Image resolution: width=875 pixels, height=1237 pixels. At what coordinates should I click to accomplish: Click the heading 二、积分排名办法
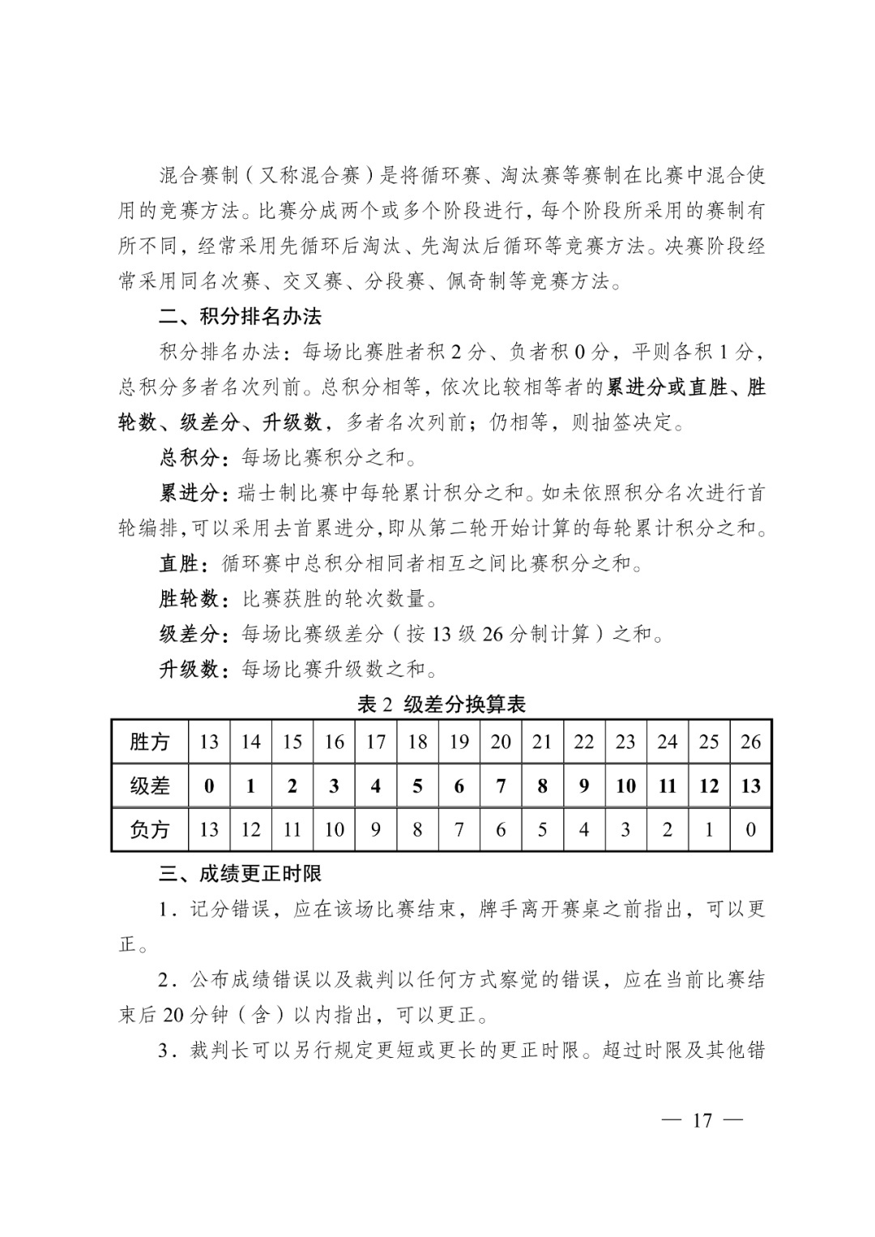coord(241,316)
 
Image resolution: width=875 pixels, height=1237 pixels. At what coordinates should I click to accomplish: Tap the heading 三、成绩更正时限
coord(241,873)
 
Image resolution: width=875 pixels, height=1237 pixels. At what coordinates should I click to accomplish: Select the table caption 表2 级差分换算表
coord(442,704)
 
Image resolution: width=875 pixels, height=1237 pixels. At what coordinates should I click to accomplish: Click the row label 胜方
coord(150,742)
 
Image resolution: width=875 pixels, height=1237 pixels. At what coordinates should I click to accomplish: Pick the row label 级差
coord(150,785)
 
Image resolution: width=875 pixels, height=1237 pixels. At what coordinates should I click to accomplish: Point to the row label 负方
coord(150,829)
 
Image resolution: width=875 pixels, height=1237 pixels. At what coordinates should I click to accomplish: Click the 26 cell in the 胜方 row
coord(750,742)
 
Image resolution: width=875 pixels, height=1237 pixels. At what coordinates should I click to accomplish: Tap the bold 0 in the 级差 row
coord(209,785)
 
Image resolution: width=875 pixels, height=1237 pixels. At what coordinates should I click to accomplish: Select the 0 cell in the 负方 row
coord(750,829)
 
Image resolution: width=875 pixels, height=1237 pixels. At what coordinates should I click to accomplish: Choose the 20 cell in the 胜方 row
coord(501,742)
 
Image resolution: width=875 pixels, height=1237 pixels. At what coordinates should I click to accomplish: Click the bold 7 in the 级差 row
coord(501,785)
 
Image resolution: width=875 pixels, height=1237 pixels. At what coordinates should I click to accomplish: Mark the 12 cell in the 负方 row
coord(251,829)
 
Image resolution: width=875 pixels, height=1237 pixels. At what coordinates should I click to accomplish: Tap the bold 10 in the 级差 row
coord(625,785)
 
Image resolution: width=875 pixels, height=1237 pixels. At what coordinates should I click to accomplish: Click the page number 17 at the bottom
coord(702,1120)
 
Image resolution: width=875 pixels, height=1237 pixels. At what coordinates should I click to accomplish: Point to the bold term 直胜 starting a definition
coord(179,563)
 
